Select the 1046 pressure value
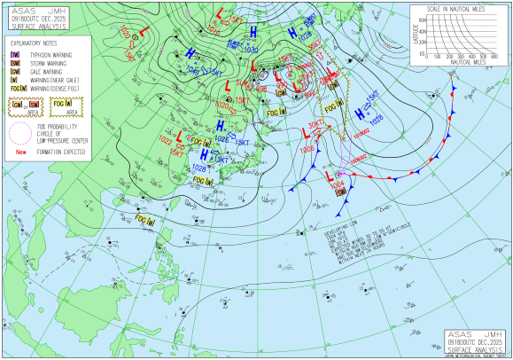pos(194,68)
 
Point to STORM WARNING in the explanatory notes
pos(50,64)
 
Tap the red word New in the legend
pos(19,153)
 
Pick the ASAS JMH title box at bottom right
pos(477,337)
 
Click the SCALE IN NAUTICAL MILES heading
pos(460,9)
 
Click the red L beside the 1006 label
pos(305,135)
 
